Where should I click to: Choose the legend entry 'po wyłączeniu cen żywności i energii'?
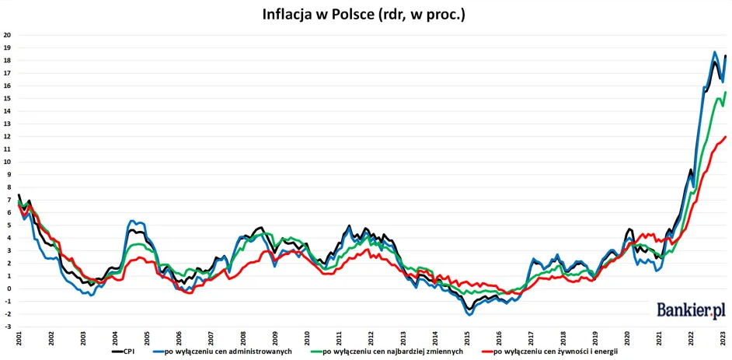coord(561,351)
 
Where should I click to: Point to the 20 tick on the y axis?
coord(7,35)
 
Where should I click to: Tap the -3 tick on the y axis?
coord(7,327)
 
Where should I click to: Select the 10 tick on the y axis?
coord(7,162)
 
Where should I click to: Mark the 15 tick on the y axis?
coord(7,99)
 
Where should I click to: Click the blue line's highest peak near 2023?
coord(714,52)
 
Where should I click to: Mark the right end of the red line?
coord(725,137)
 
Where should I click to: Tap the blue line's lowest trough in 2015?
coord(469,314)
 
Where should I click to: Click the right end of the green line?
coord(725,92)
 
